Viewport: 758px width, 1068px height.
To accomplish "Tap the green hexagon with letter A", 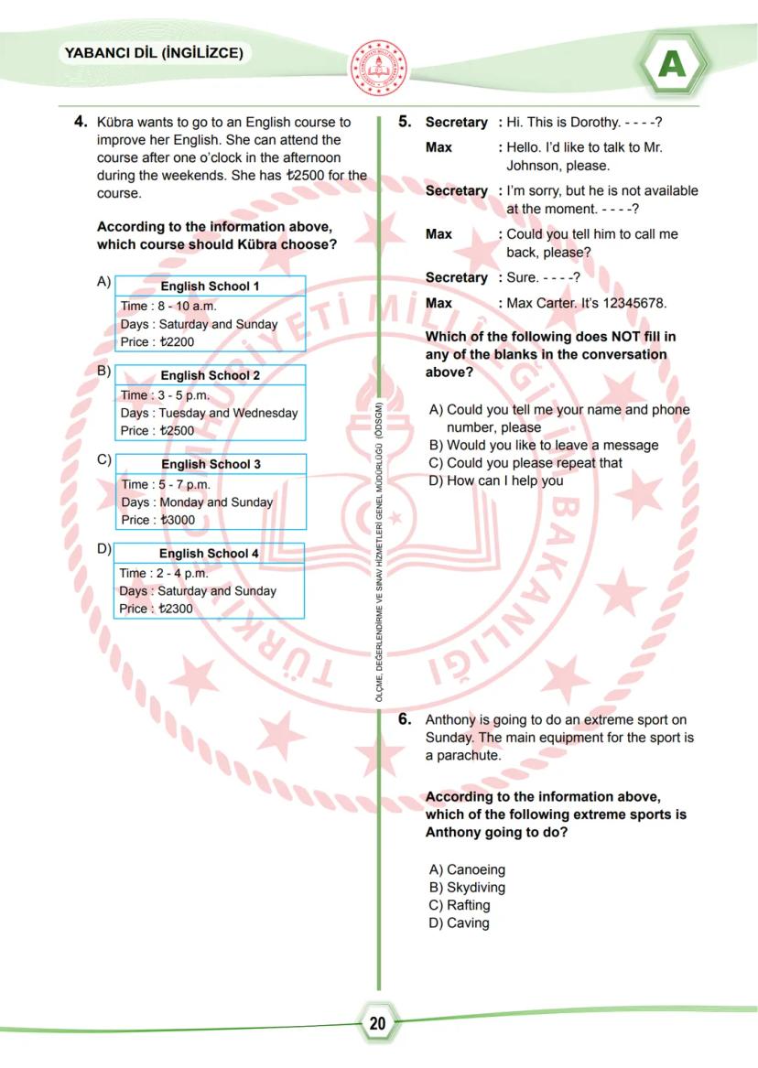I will coord(673,64).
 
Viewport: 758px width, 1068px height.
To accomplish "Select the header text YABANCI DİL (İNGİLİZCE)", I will coord(154,54).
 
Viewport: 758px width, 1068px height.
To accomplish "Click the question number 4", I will coord(81,122).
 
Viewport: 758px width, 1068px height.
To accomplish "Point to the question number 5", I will coord(405,122).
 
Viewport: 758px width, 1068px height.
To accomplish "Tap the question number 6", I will coord(405,720).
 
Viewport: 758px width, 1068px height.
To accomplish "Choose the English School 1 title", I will coord(210,286).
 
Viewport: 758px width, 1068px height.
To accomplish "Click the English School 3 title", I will coord(211,464).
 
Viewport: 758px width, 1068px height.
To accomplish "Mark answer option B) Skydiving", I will coord(467,888).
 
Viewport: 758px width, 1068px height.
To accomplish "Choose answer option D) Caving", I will coord(460,923).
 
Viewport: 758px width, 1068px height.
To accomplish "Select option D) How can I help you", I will coord(496,480).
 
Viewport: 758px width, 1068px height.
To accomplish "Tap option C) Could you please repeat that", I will coord(525,463).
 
